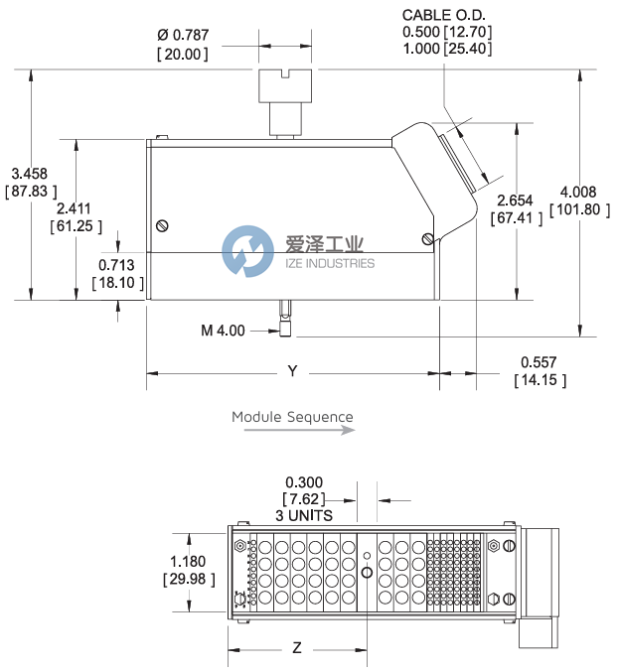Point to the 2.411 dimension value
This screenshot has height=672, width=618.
[75, 208]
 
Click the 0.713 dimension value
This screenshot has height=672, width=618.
[118, 265]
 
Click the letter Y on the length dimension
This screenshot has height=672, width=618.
[292, 371]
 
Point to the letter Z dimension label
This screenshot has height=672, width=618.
[296, 648]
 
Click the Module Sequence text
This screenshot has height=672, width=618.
[292, 417]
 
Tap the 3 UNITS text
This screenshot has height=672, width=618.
[304, 515]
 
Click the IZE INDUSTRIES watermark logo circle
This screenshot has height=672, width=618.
[247, 251]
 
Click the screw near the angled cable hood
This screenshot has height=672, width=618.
[427, 238]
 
